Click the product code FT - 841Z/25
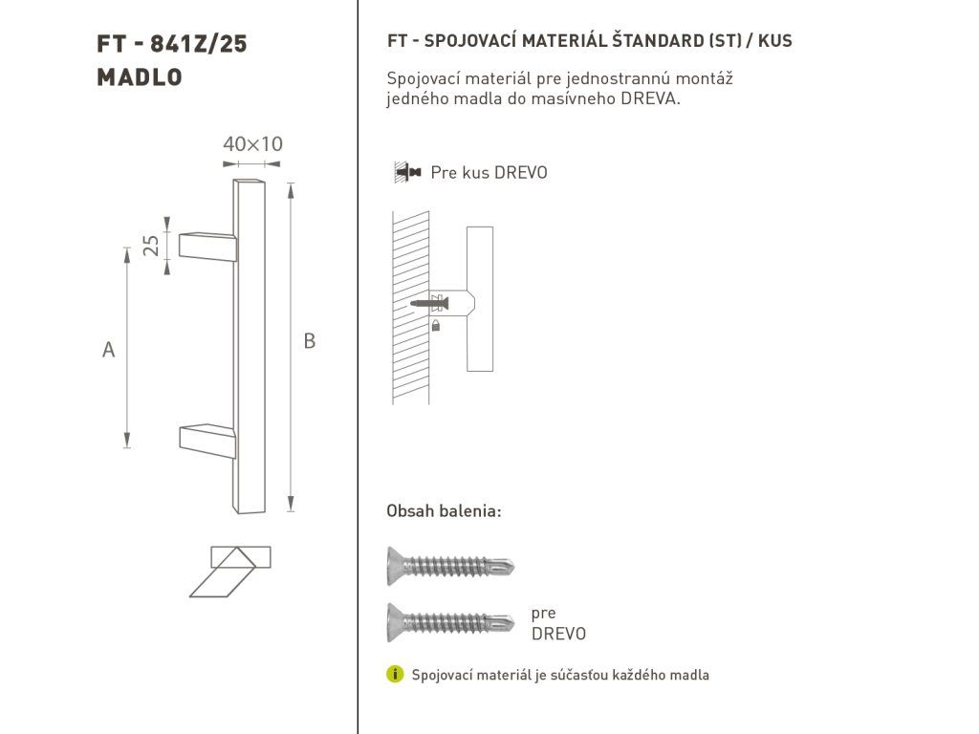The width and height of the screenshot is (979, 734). tap(172, 44)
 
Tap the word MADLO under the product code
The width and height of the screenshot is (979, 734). tap(140, 77)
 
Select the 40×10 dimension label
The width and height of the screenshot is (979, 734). tap(252, 144)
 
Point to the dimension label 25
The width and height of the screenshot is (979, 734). tap(151, 246)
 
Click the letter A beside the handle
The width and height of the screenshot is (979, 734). tap(109, 350)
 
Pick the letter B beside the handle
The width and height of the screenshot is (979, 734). tap(309, 341)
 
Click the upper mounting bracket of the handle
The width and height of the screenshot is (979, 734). tap(207, 247)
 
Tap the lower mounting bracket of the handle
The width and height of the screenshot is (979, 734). tap(207, 441)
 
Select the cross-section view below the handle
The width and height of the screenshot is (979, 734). tap(230, 572)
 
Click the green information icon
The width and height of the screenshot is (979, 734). tap(395, 674)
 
